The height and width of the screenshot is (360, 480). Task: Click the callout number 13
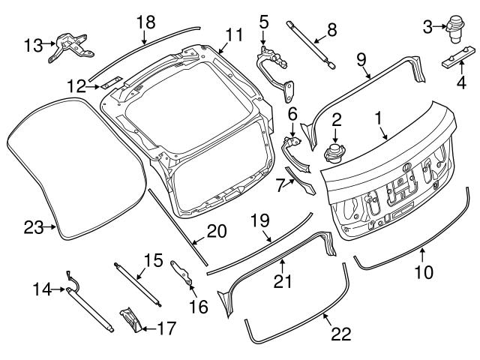pos(32,45)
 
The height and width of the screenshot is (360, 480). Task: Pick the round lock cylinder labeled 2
pos(333,154)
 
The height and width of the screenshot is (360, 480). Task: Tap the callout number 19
pos(259,220)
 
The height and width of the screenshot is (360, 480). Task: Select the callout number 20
pos(216,232)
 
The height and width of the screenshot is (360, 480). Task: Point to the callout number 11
pos(235,34)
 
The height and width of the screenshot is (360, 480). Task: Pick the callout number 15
pos(152,260)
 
